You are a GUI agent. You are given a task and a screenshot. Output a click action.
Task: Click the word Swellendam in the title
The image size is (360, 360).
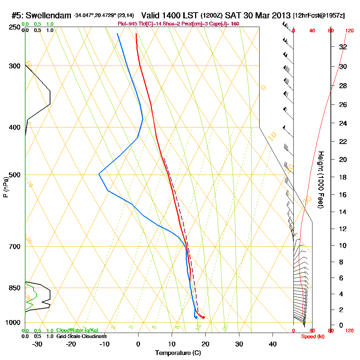point(49,15)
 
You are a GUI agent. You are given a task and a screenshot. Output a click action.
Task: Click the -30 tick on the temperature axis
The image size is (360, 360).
point(37,344)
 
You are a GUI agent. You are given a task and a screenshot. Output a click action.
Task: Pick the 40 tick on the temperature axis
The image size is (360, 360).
point(273,344)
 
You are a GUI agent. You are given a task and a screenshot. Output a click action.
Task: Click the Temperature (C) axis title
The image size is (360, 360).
point(178,353)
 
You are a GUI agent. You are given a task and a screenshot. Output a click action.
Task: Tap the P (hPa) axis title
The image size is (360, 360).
point(5,187)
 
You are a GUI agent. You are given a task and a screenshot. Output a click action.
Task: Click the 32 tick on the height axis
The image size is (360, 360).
point(343,47)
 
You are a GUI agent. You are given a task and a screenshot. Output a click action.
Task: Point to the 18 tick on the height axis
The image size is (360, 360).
point(343,177)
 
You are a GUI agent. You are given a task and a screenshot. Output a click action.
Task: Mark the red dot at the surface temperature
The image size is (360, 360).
point(203,317)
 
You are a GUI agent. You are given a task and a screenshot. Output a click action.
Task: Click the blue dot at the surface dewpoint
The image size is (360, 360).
point(196,317)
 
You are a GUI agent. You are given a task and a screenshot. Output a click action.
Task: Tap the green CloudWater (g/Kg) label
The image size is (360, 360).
point(77,330)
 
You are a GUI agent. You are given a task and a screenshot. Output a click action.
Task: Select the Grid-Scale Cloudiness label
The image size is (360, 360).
point(81,336)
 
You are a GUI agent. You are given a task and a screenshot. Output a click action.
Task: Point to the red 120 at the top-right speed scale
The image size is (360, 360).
point(349,31)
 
